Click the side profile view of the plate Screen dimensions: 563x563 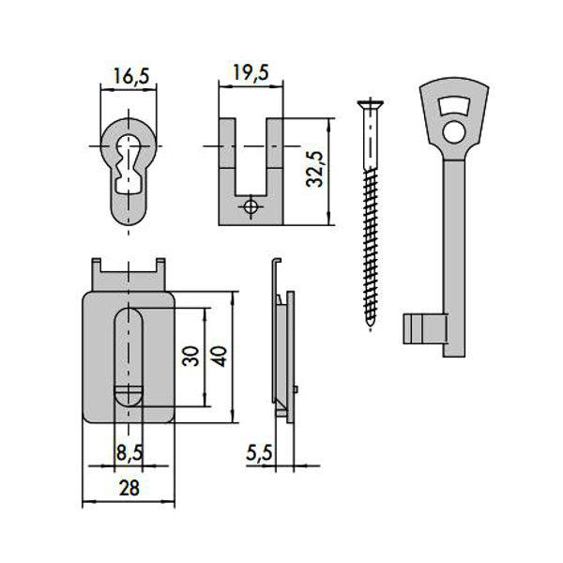[x=282, y=347]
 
